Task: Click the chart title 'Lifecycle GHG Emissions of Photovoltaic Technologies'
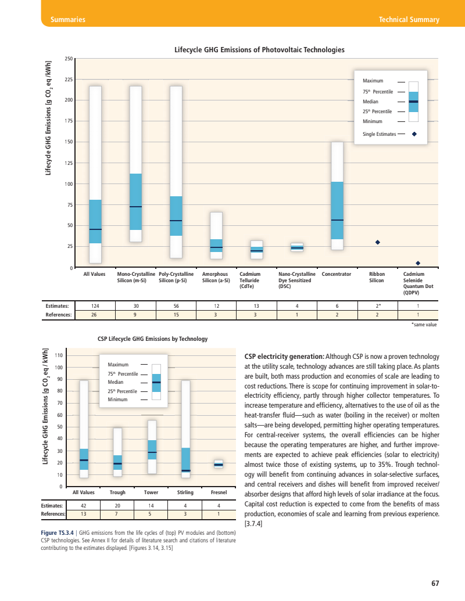(259, 50)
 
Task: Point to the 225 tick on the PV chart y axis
(69, 80)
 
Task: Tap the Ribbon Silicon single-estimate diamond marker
(377, 242)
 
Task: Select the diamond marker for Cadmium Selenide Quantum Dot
(417, 263)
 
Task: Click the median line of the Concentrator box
(337, 220)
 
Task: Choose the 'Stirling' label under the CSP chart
(185, 492)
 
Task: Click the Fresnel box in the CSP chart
(219, 464)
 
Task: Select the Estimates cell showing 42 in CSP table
(84, 505)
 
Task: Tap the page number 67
(435, 584)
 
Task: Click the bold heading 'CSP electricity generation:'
(284, 356)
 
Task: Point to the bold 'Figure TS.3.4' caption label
(59, 532)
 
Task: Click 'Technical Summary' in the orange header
(409, 20)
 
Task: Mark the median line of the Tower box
(152, 452)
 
